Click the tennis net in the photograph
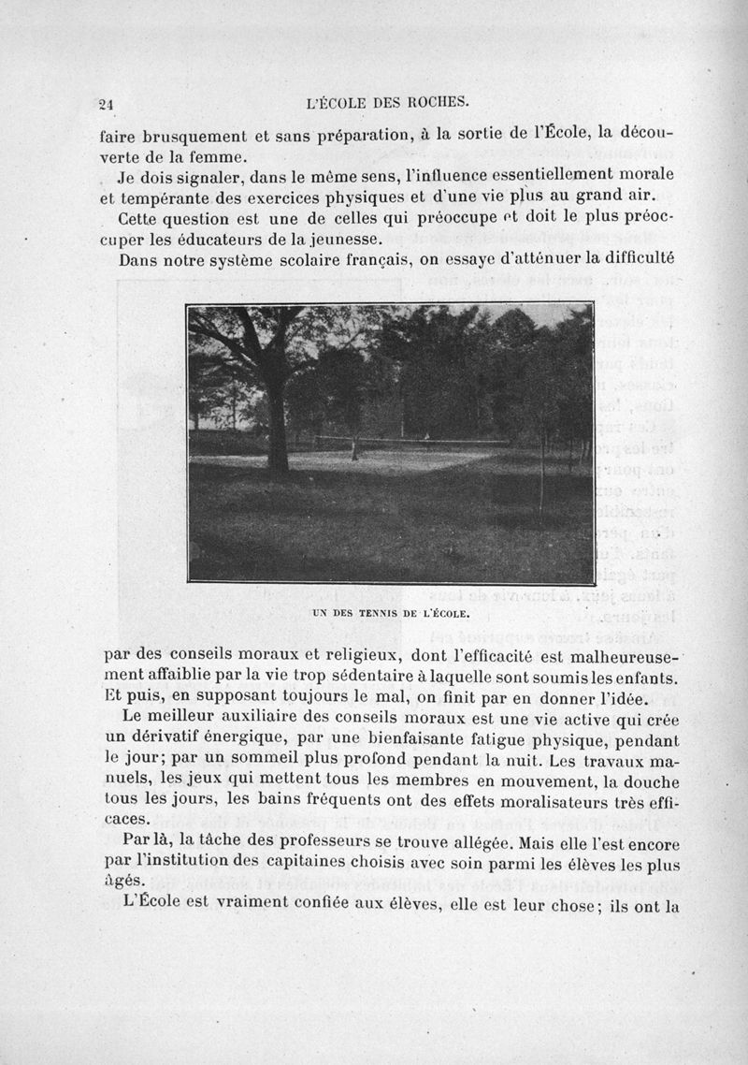[x=411, y=440]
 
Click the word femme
[x=215, y=155]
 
